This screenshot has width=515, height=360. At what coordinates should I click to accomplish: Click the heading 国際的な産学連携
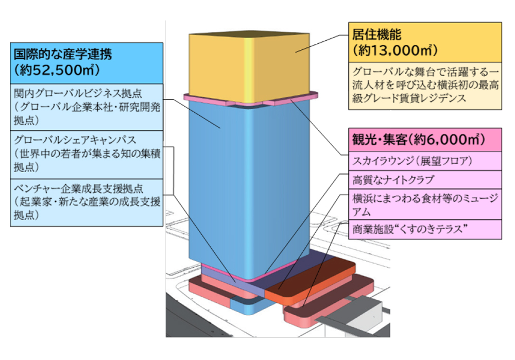coord(63,53)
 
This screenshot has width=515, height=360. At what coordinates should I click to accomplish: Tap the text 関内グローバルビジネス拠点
coord(78,94)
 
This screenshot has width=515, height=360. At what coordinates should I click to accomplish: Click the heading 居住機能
coord(376,35)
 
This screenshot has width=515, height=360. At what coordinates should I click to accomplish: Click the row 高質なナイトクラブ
coord(394,180)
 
